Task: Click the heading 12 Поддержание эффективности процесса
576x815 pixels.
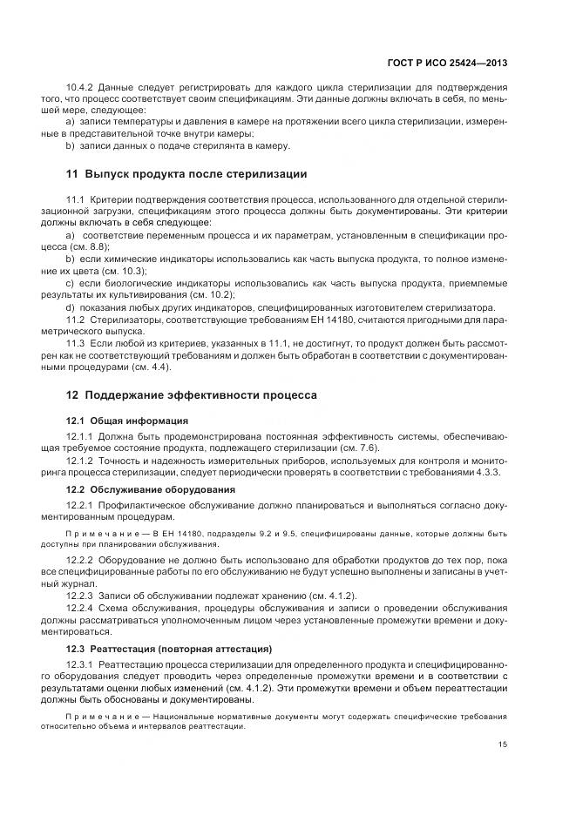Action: [x=192, y=395]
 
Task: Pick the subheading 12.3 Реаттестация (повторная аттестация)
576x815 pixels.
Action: [x=169, y=649]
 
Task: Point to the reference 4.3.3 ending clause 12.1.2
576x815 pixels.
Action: [x=490, y=471]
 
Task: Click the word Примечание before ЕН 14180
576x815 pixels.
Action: [x=99, y=530]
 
